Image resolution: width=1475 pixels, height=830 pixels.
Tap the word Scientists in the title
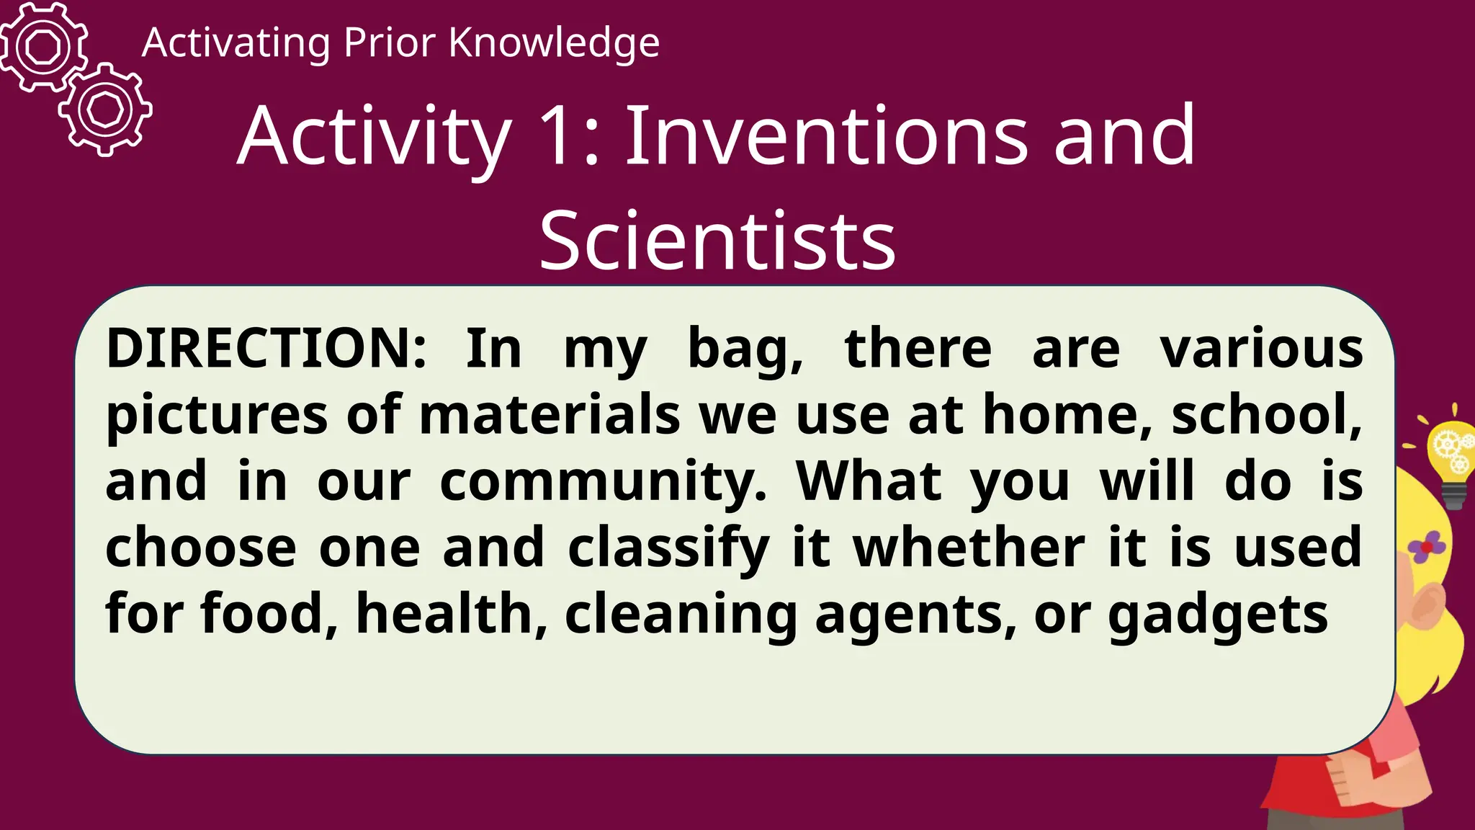tap(717, 239)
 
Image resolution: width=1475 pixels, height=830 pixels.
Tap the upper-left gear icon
tap(43, 47)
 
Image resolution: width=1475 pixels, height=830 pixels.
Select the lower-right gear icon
tap(106, 110)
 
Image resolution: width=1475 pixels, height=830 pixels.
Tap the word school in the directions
tap(1266, 415)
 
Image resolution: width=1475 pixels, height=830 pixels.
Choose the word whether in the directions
tap(969, 548)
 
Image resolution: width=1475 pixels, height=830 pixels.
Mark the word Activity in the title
tap(375, 137)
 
